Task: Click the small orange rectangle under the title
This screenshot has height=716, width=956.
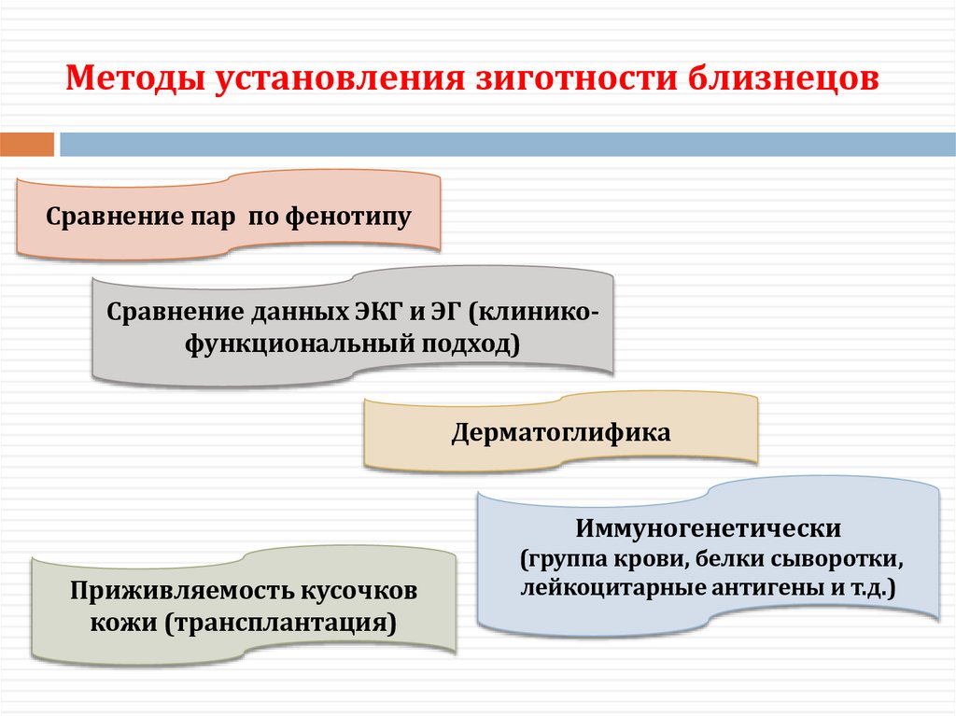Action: [27, 145]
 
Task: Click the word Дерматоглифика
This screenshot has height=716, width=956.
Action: [561, 433]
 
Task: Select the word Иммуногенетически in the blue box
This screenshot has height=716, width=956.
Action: [709, 528]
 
